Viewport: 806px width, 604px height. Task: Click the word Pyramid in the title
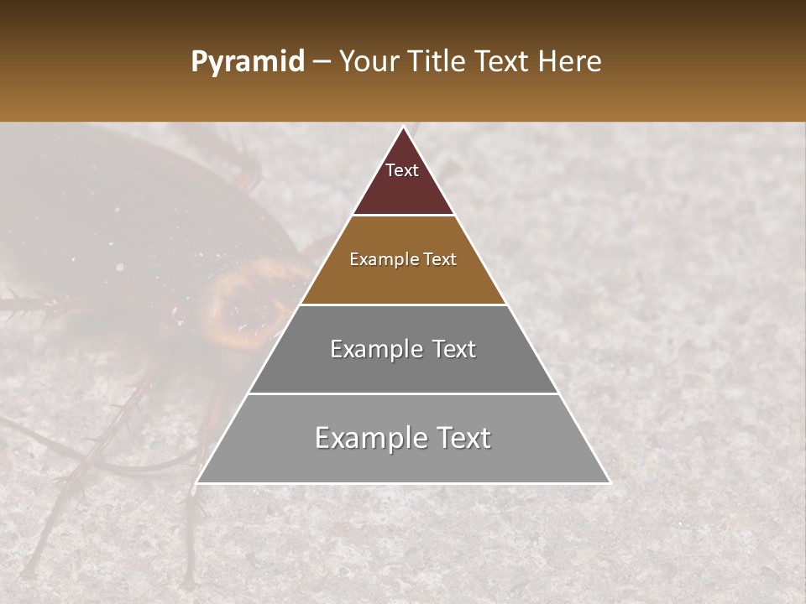[247, 62]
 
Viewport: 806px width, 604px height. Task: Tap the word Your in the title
[367, 62]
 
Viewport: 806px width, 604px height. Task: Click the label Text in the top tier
[402, 170]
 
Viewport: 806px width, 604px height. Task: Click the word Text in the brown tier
[440, 260]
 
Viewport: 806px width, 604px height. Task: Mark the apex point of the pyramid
[404, 128]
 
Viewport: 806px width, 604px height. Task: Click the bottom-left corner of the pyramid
[197, 482]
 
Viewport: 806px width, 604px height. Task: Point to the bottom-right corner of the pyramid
[610, 482]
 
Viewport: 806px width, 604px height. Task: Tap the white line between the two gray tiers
[403, 393]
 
